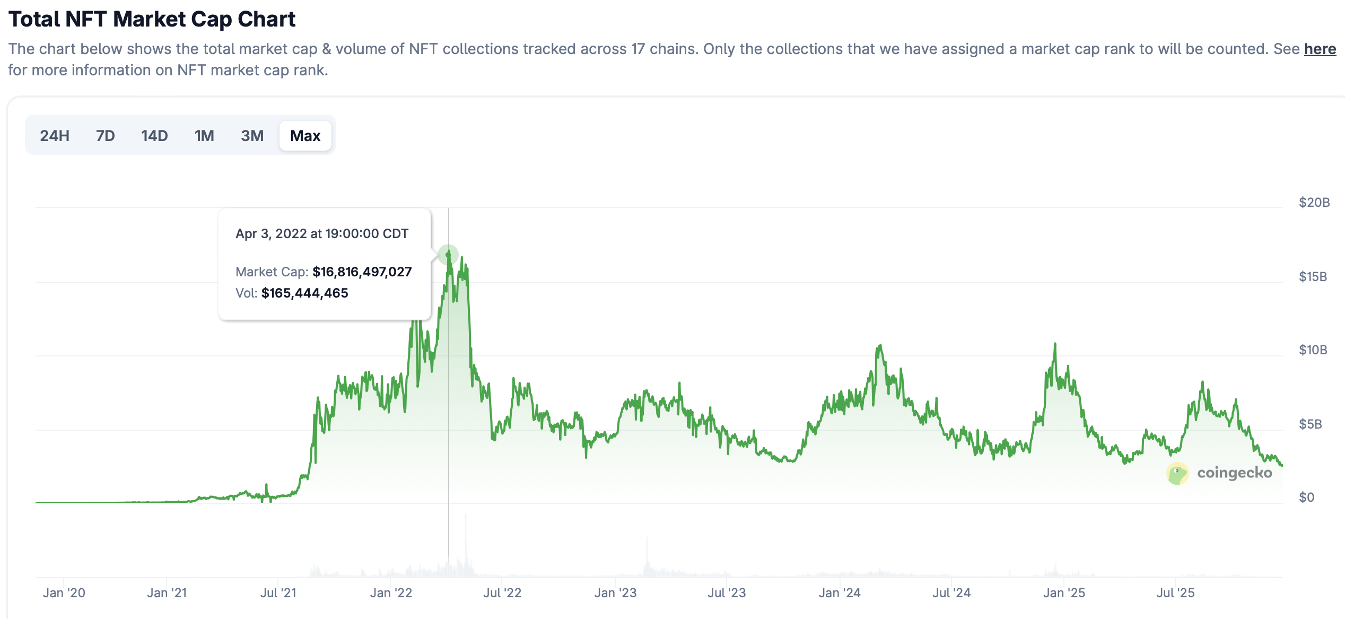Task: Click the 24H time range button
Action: click(x=55, y=136)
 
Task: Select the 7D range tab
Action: click(x=105, y=136)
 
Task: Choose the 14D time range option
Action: click(x=154, y=136)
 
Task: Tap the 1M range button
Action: click(x=204, y=136)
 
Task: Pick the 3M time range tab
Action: click(x=252, y=136)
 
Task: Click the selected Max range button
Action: click(x=305, y=136)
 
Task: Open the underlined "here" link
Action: click(x=1320, y=49)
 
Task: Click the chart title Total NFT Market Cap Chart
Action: click(x=152, y=19)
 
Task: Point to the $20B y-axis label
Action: click(x=1314, y=202)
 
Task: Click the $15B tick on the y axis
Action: click(x=1313, y=276)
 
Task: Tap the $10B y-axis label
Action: click(x=1313, y=350)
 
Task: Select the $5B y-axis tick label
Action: click(x=1310, y=424)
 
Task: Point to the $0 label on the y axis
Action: click(x=1306, y=497)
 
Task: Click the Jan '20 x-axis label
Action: click(x=64, y=592)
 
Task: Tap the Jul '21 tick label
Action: click(x=278, y=592)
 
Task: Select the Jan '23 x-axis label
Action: click(x=615, y=592)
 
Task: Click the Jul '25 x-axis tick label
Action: click(x=1175, y=592)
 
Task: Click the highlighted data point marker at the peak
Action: click(x=448, y=255)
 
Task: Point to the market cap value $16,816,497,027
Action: click(x=362, y=272)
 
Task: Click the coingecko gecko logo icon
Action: click(x=1177, y=473)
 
